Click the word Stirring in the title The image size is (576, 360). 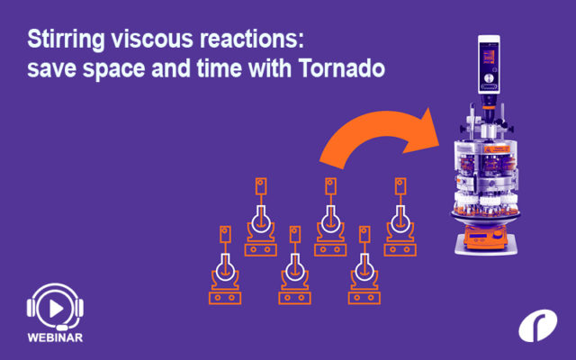61,41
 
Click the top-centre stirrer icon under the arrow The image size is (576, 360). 329,216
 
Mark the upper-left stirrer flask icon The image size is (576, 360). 260,216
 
